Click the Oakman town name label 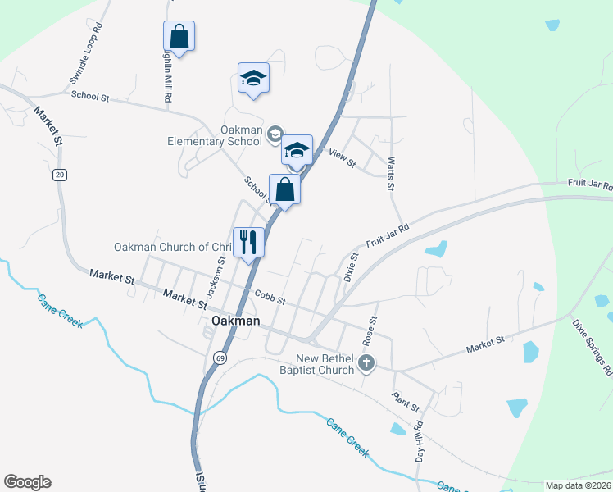[235, 321]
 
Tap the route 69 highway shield [220, 358]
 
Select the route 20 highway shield [59, 175]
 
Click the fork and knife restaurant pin [248, 242]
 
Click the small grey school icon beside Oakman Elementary [275, 134]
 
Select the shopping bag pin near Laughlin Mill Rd [179, 36]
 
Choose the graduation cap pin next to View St [297, 150]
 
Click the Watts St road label [391, 175]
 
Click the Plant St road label [405, 402]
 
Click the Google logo [27, 482]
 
